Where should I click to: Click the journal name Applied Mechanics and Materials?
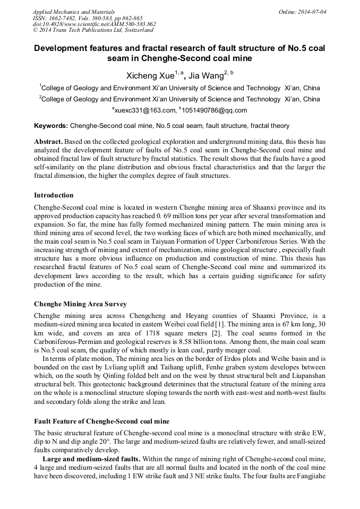(74, 11)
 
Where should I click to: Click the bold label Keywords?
(51, 126)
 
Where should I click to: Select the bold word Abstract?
(48, 142)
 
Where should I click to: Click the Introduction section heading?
(54, 195)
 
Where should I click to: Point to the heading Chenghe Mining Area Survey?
(80, 304)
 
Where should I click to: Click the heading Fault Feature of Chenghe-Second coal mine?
(101, 421)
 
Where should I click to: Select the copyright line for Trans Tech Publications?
(93, 30)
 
